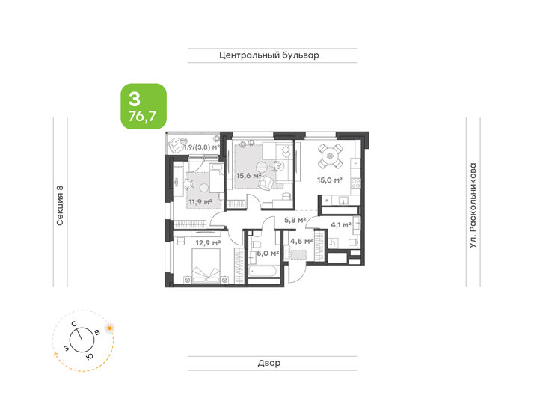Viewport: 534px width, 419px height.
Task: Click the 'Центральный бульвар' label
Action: tap(270, 55)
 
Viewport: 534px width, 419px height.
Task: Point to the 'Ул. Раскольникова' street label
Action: tap(473, 206)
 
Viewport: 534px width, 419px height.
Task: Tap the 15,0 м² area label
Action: tap(328, 180)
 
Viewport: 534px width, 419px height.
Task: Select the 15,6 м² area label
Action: tap(248, 177)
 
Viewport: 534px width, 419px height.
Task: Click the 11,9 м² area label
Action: tap(200, 201)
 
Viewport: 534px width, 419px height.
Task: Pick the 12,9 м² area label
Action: tap(207, 242)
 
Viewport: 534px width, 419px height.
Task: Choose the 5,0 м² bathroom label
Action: tap(268, 254)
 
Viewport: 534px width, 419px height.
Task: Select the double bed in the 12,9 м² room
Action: tap(204, 266)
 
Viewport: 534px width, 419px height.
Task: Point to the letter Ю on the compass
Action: tap(88, 357)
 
